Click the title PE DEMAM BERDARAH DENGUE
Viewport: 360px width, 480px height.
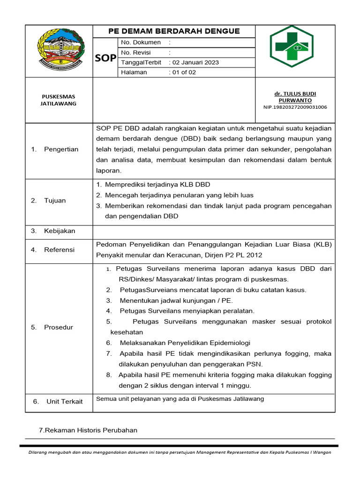point(174,31)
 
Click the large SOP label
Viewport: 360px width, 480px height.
point(105,58)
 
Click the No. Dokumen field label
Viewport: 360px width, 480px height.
point(141,42)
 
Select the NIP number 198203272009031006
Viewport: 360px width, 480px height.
point(295,107)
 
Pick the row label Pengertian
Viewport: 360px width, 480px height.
point(61,149)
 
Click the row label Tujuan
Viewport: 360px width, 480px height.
point(55,200)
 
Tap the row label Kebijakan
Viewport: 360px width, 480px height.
point(60,231)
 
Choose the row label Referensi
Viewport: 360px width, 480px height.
point(59,250)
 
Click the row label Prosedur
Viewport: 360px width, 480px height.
point(59,327)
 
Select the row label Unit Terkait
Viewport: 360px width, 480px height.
point(64,401)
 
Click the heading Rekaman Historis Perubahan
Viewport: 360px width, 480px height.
point(89,430)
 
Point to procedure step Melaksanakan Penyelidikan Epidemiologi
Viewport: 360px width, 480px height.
point(185,343)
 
